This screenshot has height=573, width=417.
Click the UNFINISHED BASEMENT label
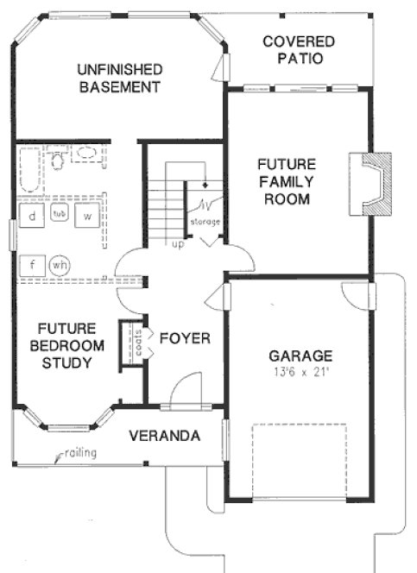(119, 78)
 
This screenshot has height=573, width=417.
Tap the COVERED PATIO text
(299, 50)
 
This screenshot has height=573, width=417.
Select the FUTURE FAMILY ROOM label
(287, 180)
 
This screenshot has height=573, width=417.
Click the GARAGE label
(300, 355)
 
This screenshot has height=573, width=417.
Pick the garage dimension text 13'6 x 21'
(300, 372)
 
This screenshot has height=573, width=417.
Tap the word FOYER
(185, 337)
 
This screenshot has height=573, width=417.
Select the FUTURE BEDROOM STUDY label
(66, 345)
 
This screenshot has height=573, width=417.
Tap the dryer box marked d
(32, 216)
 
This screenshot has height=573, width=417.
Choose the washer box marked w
(87, 216)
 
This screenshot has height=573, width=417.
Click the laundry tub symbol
(60, 213)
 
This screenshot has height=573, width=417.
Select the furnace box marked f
(32, 264)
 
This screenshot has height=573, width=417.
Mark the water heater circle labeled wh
(60, 264)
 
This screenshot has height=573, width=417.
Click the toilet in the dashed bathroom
(58, 160)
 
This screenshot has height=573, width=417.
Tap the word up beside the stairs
(179, 243)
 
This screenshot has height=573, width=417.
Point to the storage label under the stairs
(205, 222)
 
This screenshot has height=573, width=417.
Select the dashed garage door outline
(299, 461)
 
